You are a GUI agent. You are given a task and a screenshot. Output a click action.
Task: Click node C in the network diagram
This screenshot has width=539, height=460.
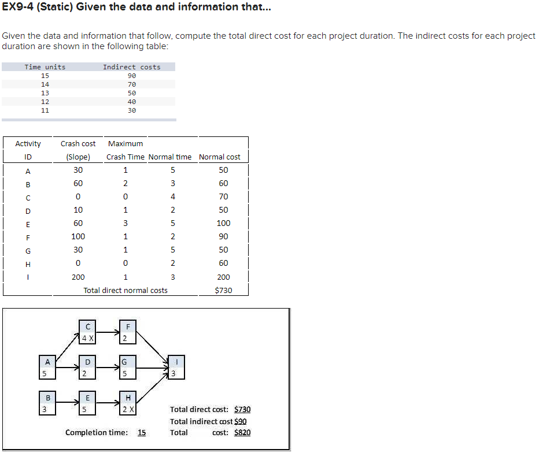tap(87, 332)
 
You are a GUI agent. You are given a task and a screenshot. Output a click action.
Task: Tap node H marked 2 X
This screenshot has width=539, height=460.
tap(128, 403)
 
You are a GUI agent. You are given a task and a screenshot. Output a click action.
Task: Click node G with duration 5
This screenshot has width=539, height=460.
tap(128, 368)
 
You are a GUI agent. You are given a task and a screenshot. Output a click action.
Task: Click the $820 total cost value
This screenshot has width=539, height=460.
tap(242, 432)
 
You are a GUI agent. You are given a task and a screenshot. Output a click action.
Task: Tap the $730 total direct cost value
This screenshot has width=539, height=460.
tap(242, 409)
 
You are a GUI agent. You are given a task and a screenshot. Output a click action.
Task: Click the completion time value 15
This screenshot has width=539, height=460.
tap(142, 432)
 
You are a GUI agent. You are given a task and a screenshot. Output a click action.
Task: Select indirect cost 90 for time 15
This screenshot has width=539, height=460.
tap(131, 76)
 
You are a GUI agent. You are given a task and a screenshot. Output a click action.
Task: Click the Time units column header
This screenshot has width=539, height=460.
tap(45, 67)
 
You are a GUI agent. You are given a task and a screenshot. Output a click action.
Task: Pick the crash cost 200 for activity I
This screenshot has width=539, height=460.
tap(78, 277)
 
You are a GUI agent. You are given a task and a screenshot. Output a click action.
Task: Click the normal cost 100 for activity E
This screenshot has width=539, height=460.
tap(223, 223)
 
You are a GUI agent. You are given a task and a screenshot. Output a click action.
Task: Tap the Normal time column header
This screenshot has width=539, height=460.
tap(170, 157)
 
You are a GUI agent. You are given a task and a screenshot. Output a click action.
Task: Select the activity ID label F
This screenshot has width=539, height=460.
tap(28, 236)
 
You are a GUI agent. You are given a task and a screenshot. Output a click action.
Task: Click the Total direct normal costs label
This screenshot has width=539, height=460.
tap(125, 290)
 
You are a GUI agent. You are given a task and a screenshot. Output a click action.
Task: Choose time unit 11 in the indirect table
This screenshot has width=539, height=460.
tap(45, 110)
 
